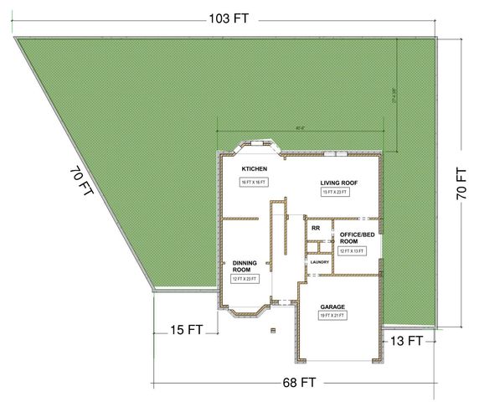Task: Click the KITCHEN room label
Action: click(x=254, y=169)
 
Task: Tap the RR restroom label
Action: click(x=316, y=228)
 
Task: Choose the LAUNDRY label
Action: click(x=319, y=262)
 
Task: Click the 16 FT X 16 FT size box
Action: click(x=254, y=182)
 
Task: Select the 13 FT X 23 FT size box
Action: click(x=335, y=192)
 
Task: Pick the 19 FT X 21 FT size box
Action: click(x=332, y=317)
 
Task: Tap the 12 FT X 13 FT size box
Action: click(x=350, y=251)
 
